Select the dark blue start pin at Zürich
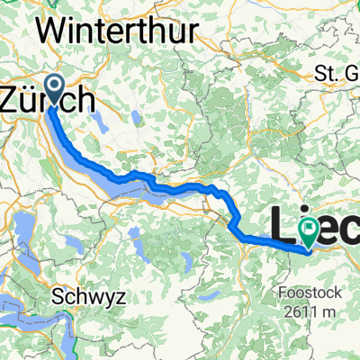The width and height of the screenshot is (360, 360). (54, 90)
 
